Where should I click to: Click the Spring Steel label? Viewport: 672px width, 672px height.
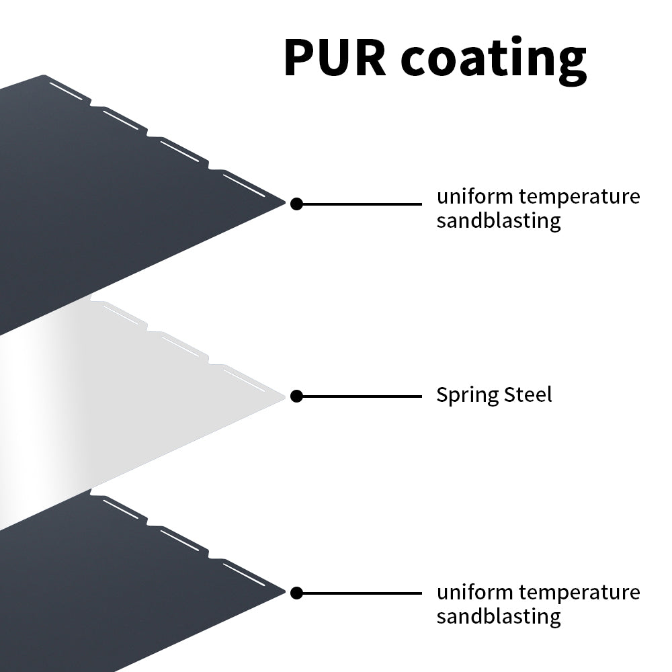click(494, 394)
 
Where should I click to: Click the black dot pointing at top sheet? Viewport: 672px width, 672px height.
click(296, 204)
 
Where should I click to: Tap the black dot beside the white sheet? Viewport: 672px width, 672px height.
click(296, 396)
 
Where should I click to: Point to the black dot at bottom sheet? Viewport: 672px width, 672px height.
click(296, 593)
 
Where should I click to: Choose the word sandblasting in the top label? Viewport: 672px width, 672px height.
click(499, 220)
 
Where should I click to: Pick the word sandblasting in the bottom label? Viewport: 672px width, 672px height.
click(499, 616)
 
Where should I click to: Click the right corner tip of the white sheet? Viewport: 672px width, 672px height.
click(284, 396)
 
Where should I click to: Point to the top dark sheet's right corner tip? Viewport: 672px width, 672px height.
click(285, 201)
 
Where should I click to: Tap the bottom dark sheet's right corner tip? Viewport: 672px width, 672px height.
click(285, 591)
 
